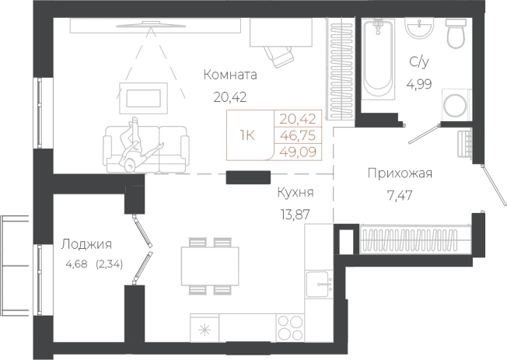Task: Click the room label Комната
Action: pyautogui.click(x=229, y=75)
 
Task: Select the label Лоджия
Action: pyautogui.click(x=86, y=244)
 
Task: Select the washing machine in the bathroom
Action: pyautogui.click(x=454, y=105)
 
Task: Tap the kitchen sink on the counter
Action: pyautogui.click(x=318, y=283)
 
